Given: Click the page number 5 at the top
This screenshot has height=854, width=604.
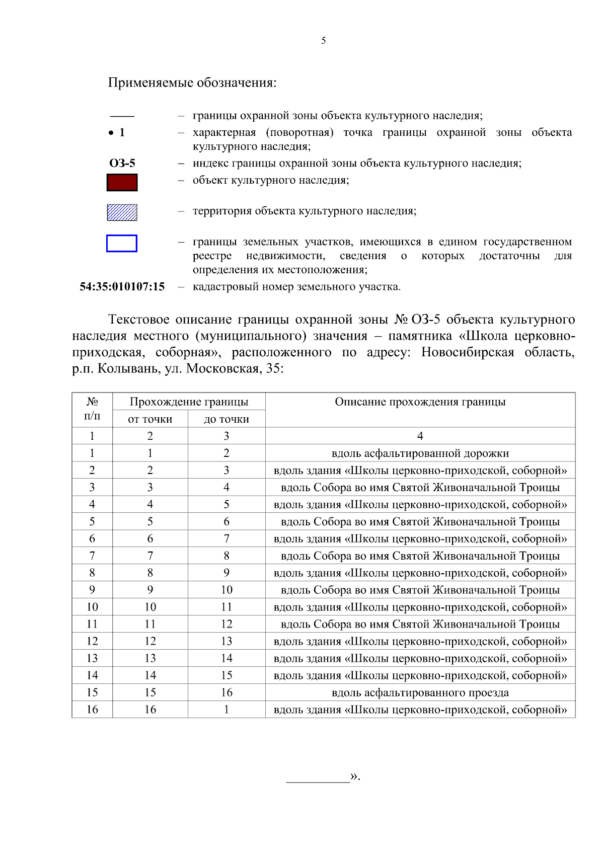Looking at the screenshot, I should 323,41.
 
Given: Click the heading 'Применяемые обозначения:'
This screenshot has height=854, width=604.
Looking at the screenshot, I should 192,83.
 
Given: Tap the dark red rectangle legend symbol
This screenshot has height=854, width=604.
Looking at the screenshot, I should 122,182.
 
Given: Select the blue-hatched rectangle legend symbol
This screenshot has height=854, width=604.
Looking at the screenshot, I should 122,212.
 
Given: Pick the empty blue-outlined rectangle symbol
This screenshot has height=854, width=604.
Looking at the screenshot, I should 122,244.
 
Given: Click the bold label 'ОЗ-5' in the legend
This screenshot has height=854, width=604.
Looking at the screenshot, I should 122,163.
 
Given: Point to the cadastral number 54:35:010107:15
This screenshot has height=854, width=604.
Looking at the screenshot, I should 122,287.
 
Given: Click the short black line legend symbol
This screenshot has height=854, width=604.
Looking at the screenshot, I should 122,116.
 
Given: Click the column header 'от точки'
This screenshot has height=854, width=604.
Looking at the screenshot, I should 150,419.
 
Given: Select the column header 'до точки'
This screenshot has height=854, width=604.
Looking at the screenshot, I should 226,419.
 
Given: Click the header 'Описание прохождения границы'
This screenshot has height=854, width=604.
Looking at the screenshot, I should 420,402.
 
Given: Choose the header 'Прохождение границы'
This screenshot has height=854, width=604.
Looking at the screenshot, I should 189,402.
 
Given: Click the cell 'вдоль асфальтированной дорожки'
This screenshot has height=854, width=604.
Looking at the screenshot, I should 420,453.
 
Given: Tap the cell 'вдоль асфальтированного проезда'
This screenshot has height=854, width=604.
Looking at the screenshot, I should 420,693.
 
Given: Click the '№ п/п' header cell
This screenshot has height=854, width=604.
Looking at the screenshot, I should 92,409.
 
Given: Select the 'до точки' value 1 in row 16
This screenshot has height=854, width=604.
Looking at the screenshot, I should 226,710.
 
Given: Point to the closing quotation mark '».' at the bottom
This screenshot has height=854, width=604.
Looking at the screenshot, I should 355,776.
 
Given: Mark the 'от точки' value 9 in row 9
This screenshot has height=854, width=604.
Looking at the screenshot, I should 150,590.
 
